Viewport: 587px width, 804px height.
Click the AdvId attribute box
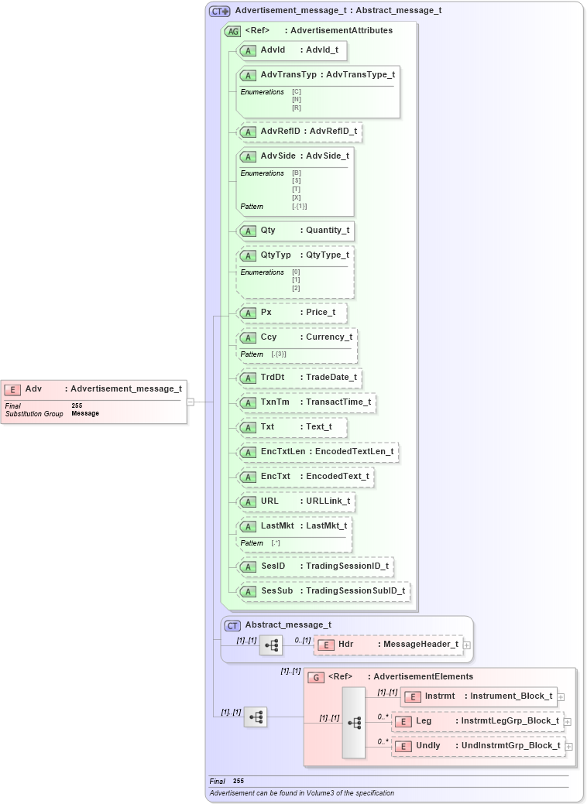click(291, 50)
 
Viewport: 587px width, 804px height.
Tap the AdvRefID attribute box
click(299, 132)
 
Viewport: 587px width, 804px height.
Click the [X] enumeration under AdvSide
click(296, 197)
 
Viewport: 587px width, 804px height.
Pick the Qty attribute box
click(295, 231)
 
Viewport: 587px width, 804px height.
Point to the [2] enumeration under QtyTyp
click(296, 288)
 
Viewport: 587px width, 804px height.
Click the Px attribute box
click(291, 313)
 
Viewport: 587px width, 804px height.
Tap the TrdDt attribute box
click(299, 378)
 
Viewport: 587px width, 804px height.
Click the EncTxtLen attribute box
click(318, 452)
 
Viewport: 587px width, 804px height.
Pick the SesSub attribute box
click(323, 591)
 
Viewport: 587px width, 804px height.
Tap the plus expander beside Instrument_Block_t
click(561, 697)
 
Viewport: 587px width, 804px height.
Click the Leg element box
click(477, 721)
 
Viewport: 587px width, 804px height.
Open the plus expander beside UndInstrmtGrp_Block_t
click(568, 747)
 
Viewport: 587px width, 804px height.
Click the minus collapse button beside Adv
click(191, 402)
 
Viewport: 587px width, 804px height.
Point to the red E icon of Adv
click(12, 389)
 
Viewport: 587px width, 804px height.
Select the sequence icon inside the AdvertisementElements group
click(354, 722)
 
